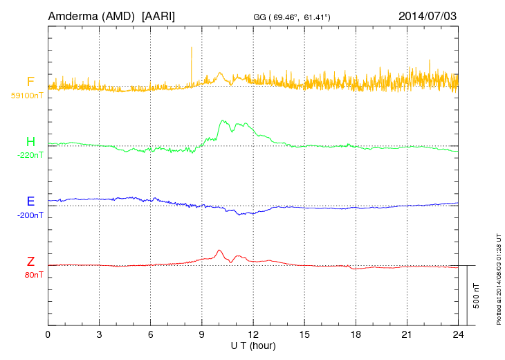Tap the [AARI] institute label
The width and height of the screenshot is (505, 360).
[158, 15]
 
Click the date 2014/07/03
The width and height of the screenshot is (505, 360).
[428, 15]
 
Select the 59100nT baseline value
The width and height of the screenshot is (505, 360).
[26, 96]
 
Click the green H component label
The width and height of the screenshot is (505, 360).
[30, 142]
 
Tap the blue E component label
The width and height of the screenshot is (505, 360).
[30, 201]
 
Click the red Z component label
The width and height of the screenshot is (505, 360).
[30, 262]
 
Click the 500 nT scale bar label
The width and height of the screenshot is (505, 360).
[476, 296]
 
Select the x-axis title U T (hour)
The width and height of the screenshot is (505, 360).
[252, 345]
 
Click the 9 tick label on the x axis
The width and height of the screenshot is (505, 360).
[201, 334]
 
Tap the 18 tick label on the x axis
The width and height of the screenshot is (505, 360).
[355, 334]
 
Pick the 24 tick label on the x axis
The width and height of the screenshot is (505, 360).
[457, 334]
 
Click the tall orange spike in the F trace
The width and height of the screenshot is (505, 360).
[192, 59]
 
